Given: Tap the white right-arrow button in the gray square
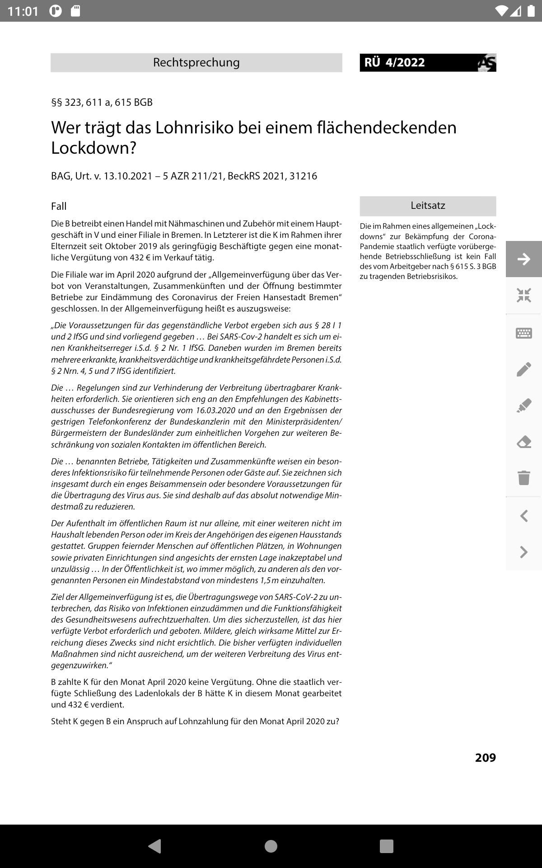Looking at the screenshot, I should click(x=524, y=259).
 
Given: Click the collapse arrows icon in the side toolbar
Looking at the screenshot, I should click(x=524, y=296).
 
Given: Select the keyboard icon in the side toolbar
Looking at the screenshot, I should click(x=524, y=333).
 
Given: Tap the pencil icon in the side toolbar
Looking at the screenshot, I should click(x=524, y=369).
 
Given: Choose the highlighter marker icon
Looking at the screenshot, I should click(x=524, y=406).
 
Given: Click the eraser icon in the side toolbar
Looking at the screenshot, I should click(x=524, y=442).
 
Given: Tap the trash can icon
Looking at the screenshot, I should click(x=524, y=477).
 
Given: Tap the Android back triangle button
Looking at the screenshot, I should click(x=155, y=846).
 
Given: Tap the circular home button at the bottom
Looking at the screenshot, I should click(x=271, y=846).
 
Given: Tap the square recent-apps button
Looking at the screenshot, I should click(x=387, y=846).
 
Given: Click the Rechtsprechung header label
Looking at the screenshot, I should click(x=196, y=62).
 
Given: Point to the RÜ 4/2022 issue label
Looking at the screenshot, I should click(x=395, y=62).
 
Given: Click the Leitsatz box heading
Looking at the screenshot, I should click(x=428, y=206).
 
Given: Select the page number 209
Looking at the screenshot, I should click(x=485, y=758).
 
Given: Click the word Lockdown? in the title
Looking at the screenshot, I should click(x=93, y=148).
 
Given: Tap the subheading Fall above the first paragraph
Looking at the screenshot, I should click(x=59, y=207).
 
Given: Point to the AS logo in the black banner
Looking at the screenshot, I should click(x=487, y=63).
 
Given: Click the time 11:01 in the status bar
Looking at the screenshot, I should click(x=23, y=11).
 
